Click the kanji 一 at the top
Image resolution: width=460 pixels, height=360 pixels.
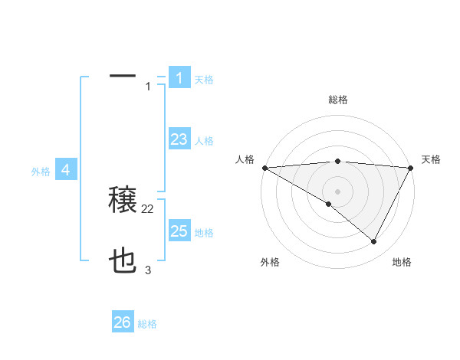tap(123, 77)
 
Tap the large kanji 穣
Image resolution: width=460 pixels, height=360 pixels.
tap(123, 201)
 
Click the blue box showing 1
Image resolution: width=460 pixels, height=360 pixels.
tap(179, 77)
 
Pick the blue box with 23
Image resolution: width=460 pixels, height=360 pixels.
tap(179, 139)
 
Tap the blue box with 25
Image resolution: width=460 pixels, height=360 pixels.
tap(179, 231)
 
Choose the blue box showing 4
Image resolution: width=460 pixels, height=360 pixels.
tap(66, 169)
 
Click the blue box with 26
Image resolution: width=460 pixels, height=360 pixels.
tap(123, 322)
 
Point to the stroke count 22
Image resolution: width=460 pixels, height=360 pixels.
tap(148, 209)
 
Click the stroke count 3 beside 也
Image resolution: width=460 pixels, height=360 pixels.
tap(148, 270)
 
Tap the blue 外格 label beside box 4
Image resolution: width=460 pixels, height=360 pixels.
tap(41, 172)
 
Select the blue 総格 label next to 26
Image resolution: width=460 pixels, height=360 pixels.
tap(147, 325)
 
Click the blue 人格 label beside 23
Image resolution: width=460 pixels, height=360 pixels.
tap(204, 141)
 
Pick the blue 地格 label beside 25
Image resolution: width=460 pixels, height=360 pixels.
tap(204, 233)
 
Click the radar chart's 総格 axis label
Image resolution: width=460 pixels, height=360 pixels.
tap(337, 100)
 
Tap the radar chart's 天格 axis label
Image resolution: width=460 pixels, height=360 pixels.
tap(431, 159)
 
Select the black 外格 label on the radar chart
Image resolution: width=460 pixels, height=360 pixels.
tap(270, 262)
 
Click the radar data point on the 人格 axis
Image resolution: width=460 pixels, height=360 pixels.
tap(264, 168)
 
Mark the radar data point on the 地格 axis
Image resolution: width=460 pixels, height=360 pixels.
tap(374, 242)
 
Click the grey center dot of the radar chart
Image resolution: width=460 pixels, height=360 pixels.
tap(337, 191)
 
